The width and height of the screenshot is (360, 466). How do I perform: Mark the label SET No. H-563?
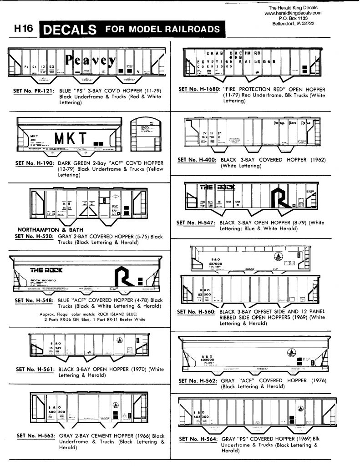[x=35, y=436]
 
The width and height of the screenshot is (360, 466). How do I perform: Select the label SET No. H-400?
[x=196, y=160]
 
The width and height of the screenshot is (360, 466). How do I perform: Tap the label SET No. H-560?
[x=196, y=312]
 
